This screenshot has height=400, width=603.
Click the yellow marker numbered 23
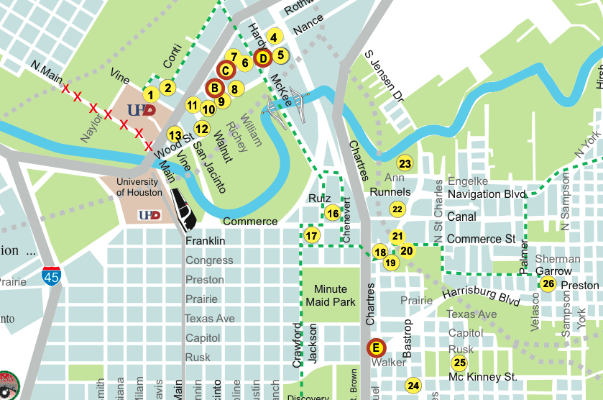tap(405, 163)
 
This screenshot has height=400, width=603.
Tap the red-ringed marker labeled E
tap(374, 348)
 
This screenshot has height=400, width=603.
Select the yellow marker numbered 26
tap(548, 283)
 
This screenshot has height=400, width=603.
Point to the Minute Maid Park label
tap(331, 296)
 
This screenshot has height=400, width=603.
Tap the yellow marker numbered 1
tap(150, 94)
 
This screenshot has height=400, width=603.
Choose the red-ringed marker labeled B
tap(214, 88)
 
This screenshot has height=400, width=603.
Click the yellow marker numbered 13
tap(175, 135)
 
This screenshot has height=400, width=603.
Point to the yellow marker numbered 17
tap(311, 235)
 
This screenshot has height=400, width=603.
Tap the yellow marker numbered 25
tap(460, 363)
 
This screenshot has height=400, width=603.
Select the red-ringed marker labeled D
tap(262, 58)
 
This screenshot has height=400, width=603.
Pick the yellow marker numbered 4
tap(273, 37)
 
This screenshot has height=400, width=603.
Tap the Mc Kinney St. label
tap(482, 377)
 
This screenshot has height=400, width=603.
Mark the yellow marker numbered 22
tap(397, 209)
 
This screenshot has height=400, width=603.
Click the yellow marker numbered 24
tap(413, 386)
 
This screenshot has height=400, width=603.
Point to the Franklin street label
tap(205, 241)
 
